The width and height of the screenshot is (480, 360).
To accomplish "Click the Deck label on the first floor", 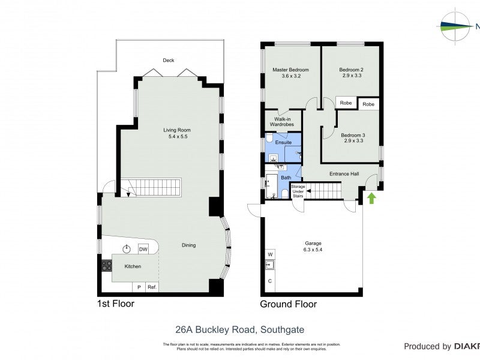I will [169, 60].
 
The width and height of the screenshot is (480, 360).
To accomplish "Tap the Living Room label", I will [176, 130].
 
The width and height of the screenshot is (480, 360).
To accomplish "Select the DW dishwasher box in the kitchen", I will [143, 249].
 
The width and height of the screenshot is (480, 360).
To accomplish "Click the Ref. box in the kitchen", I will [152, 287].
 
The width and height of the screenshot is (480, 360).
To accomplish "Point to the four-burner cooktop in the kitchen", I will [107, 265].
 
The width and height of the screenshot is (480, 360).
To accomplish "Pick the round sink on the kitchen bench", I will [127, 249].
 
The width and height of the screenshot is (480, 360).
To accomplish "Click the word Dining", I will [189, 245].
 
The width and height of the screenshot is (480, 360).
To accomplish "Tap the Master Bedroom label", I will [290, 70].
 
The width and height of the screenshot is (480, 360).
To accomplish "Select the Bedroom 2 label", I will [351, 70].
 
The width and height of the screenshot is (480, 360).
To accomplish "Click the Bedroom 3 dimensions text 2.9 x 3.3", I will [353, 142].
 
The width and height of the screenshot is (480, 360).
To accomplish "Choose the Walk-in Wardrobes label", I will [284, 121].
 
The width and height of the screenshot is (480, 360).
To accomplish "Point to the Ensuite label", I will [283, 142].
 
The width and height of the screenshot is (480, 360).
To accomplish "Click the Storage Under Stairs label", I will [298, 191].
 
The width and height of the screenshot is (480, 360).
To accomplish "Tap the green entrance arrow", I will [371, 197].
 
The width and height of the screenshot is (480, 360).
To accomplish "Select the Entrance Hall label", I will [344, 174].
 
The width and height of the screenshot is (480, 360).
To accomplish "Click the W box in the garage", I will [270, 253].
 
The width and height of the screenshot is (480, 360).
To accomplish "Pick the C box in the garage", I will [270, 281].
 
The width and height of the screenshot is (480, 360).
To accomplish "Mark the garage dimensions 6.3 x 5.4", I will [313, 249].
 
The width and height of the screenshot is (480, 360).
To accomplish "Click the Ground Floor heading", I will [288, 304].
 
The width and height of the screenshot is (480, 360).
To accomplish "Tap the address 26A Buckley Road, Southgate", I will [239, 329].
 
